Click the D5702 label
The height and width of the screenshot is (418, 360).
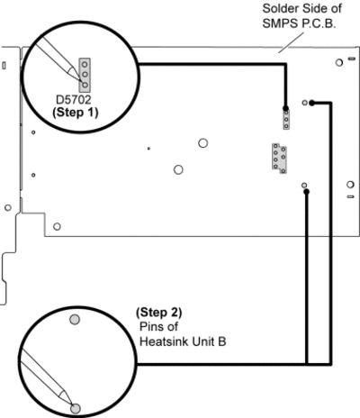coord(74,100)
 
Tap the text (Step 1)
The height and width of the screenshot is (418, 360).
coord(76,113)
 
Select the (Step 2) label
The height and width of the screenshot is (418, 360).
coord(159,313)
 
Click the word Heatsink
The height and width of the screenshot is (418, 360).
coord(164,341)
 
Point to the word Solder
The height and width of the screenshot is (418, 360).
coord(280,9)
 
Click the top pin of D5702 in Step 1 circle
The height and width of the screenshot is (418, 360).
coord(85,64)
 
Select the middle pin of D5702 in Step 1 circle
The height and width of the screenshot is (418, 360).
coord(85,74)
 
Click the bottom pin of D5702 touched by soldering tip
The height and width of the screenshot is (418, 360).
coord(85,85)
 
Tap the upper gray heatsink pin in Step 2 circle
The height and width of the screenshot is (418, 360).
coord(75,319)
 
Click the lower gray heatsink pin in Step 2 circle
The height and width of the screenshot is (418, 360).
coord(76,408)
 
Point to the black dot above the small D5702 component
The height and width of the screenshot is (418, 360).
coord(285,108)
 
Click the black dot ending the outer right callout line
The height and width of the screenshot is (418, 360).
coord(311,103)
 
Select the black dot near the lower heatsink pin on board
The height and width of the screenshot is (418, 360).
coord(306,192)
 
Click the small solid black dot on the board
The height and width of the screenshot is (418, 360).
coord(148,149)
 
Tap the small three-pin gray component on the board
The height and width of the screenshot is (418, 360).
coord(286,120)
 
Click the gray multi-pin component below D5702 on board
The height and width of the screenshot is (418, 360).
coord(279,159)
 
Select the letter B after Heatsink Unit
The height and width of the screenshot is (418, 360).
coord(222,341)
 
